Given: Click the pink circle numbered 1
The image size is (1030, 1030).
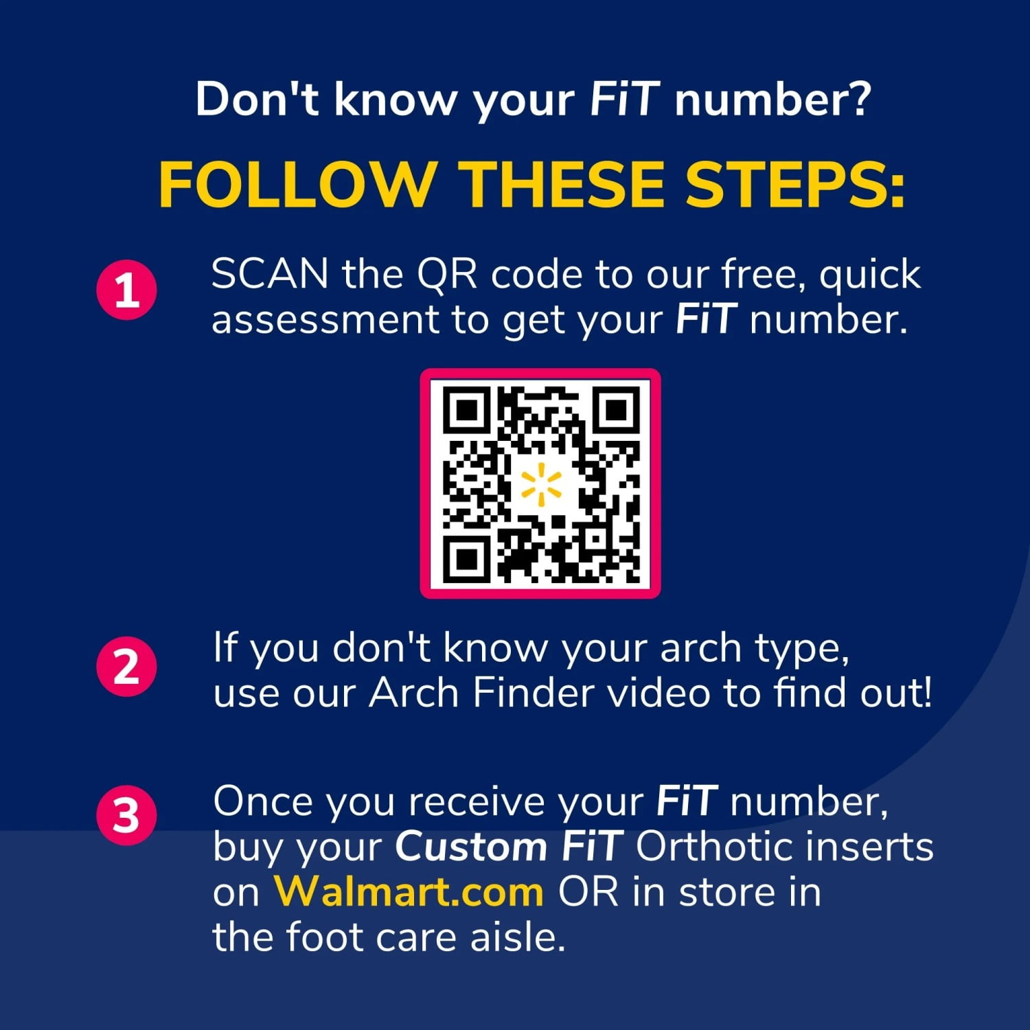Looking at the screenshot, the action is point(126,290).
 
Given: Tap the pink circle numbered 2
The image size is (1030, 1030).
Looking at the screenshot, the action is point(126,666).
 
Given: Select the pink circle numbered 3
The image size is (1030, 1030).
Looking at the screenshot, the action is point(126,815).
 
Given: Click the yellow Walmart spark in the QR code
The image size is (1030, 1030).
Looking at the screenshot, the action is point(540,483).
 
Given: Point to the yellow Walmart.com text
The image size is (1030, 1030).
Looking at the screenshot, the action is point(409,891).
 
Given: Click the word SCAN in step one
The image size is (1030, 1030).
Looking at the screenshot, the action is point(270,274).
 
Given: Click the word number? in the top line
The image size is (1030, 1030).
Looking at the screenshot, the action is point(773,100).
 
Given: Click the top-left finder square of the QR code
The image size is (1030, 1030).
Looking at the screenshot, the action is point(466,410).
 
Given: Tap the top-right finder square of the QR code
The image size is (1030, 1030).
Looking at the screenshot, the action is point(617,410).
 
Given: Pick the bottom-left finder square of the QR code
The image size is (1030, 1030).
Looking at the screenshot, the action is point(466,560).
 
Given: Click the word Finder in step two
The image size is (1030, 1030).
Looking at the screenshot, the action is point(533,692).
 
